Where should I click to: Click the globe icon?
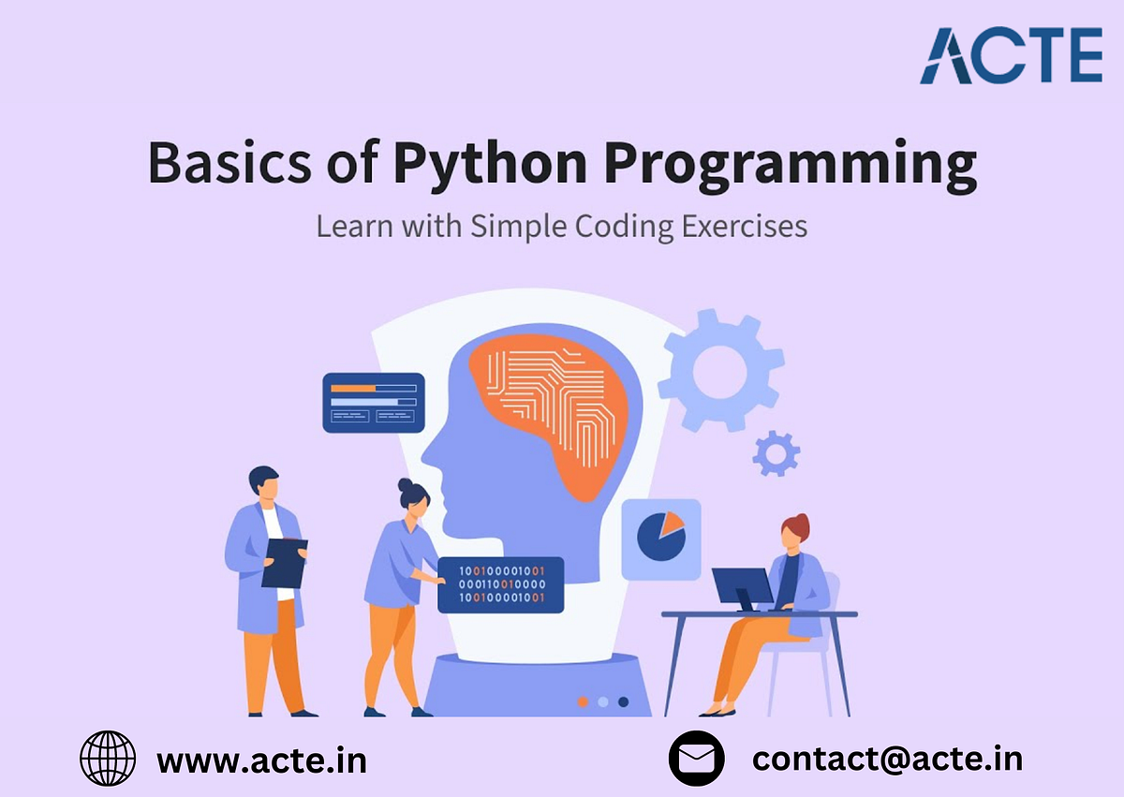[108, 758]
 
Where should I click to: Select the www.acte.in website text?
[261, 760]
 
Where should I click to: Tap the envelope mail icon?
[697, 758]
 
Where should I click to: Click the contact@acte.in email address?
[887, 758]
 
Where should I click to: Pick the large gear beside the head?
[719, 370]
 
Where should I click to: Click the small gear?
[776, 454]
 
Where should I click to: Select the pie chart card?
[661, 539]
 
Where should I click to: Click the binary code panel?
[501, 584]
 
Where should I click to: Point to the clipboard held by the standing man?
[284, 562]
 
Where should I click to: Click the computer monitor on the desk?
[742, 588]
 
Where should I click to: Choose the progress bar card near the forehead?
[374, 402]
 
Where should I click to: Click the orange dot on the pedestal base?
[583, 701]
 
